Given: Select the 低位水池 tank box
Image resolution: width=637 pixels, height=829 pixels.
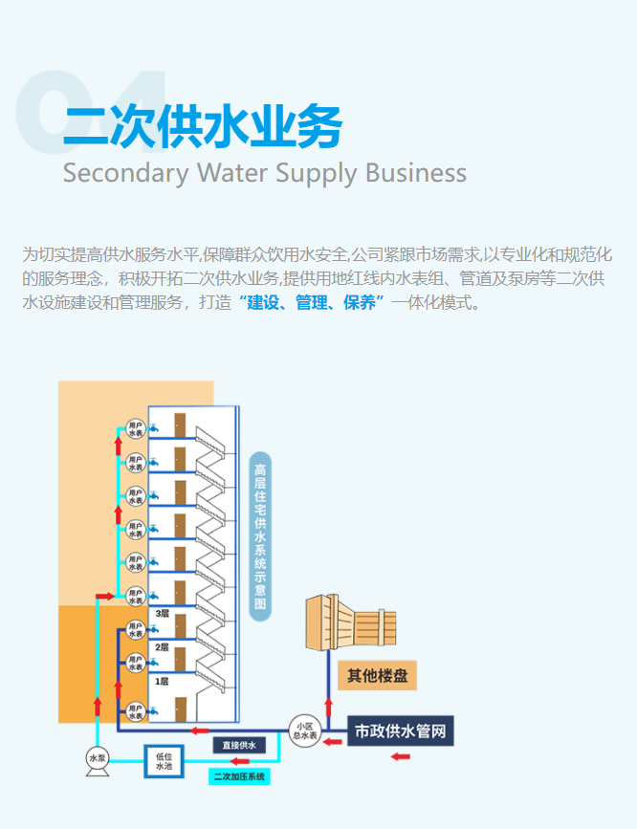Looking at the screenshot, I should point(163,761).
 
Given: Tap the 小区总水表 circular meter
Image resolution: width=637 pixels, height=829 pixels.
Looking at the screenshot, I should point(305,731).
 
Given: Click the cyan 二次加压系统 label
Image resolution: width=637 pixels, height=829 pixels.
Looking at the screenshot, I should point(239,776).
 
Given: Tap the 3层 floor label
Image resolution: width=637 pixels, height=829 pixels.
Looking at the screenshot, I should point(163,613).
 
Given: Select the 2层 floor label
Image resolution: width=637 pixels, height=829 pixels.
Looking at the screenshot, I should point(163,647).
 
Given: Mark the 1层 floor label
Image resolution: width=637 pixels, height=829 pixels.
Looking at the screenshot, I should point(163,681).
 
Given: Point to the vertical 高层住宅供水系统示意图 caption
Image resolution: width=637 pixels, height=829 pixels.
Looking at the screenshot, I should point(259,536).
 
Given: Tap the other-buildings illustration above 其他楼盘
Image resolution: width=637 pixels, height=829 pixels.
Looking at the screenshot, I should point(350,621).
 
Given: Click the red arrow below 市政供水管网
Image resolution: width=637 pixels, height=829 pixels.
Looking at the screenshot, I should point(400,757).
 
